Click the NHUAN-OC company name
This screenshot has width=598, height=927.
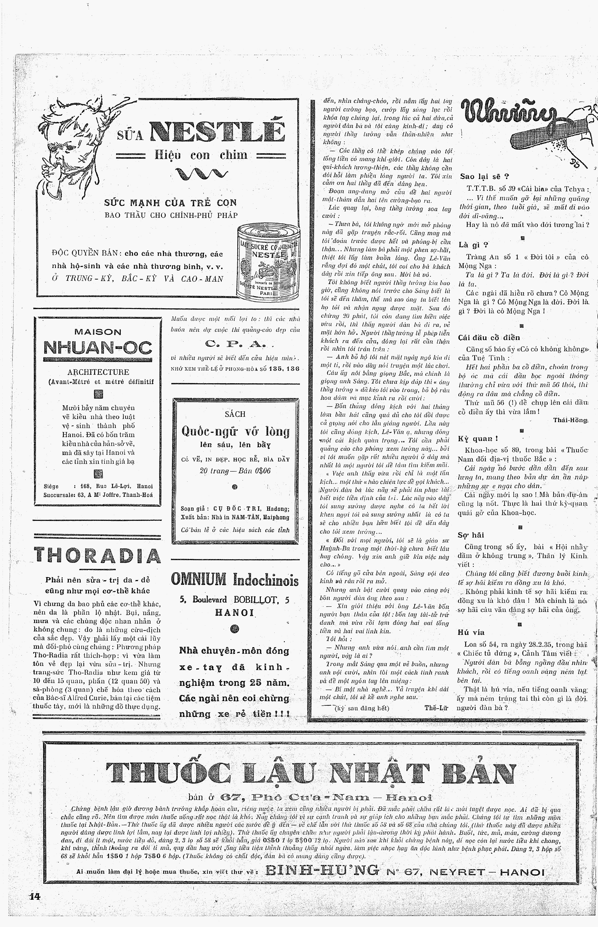point(98,348)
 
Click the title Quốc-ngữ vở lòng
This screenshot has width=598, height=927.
point(235,431)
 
